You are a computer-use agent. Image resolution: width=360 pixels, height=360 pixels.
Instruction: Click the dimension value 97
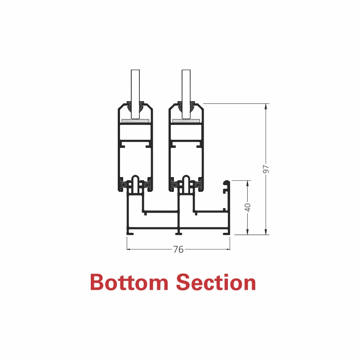[266, 169]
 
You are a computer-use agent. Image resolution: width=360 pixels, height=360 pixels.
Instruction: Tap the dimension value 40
[248, 208]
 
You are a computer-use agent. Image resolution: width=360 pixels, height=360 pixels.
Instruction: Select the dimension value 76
[178, 249]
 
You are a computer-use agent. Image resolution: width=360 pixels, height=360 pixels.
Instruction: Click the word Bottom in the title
[129, 282]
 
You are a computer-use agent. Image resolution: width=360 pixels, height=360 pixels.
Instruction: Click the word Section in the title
[216, 282]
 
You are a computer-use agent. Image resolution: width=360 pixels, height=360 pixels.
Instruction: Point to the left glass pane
[135, 93]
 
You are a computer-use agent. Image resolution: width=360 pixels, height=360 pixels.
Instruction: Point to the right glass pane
[186, 93]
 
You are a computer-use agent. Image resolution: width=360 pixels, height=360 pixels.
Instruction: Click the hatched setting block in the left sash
[135, 121]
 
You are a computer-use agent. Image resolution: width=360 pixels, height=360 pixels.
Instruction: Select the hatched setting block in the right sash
[186, 121]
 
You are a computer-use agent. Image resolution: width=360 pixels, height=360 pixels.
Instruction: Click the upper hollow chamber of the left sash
[135, 132]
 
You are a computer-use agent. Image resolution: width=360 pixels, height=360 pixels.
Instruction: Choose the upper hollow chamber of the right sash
[186, 132]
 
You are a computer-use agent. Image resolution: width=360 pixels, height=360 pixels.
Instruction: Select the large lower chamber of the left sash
[135, 162]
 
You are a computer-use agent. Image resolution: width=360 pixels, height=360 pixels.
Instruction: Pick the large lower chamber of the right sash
[186, 162]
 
